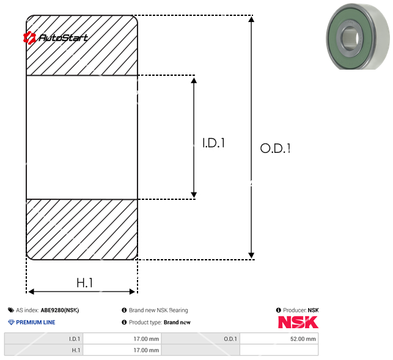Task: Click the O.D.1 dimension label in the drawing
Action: [x=275, y=149]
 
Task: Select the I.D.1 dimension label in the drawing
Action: [x=214, y=144]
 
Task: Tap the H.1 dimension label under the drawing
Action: [x=84, y=283]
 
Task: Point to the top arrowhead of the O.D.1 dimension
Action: [x=251, y=19]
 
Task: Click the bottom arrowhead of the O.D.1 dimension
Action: [x=251, y=255]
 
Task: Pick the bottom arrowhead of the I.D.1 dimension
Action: [x=194, y=194]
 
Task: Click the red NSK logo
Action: [x=298, y=322]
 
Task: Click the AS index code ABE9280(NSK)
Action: [x=60, y=310]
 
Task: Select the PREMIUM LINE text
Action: [x=35, y=322]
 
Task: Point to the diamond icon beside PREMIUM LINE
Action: [x=11, y=322]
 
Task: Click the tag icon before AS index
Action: [x=11, y=310]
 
